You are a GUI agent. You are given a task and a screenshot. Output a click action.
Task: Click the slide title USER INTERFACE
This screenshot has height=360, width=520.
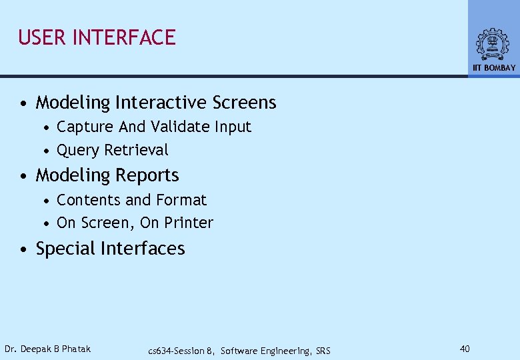point(97,37)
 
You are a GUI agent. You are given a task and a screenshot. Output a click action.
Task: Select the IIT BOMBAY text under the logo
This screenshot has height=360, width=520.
point(494,68)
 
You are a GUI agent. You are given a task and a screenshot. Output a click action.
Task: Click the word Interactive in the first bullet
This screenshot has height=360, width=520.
point(161,103)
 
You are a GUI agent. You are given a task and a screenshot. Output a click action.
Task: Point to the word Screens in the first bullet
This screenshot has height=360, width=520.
point(244,103)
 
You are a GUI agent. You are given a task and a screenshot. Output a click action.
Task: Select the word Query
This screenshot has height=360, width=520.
point(77,151)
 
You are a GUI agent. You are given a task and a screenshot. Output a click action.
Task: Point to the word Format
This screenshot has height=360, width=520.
point(181,200)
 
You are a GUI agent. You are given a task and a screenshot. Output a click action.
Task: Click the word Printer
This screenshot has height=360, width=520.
point(190,223)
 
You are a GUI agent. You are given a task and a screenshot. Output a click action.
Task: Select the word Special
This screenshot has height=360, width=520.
point(65,249)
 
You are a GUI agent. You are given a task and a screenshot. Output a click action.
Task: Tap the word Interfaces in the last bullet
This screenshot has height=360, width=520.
point(143,249)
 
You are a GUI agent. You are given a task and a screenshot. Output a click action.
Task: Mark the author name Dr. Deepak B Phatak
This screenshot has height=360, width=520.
point(47,349)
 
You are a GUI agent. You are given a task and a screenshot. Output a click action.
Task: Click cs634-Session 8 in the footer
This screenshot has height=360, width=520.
point(181,351)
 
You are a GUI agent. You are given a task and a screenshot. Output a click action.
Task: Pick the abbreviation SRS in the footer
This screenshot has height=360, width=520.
point(322,351)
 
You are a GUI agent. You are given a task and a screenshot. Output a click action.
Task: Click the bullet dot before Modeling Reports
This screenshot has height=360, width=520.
point(23,176)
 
